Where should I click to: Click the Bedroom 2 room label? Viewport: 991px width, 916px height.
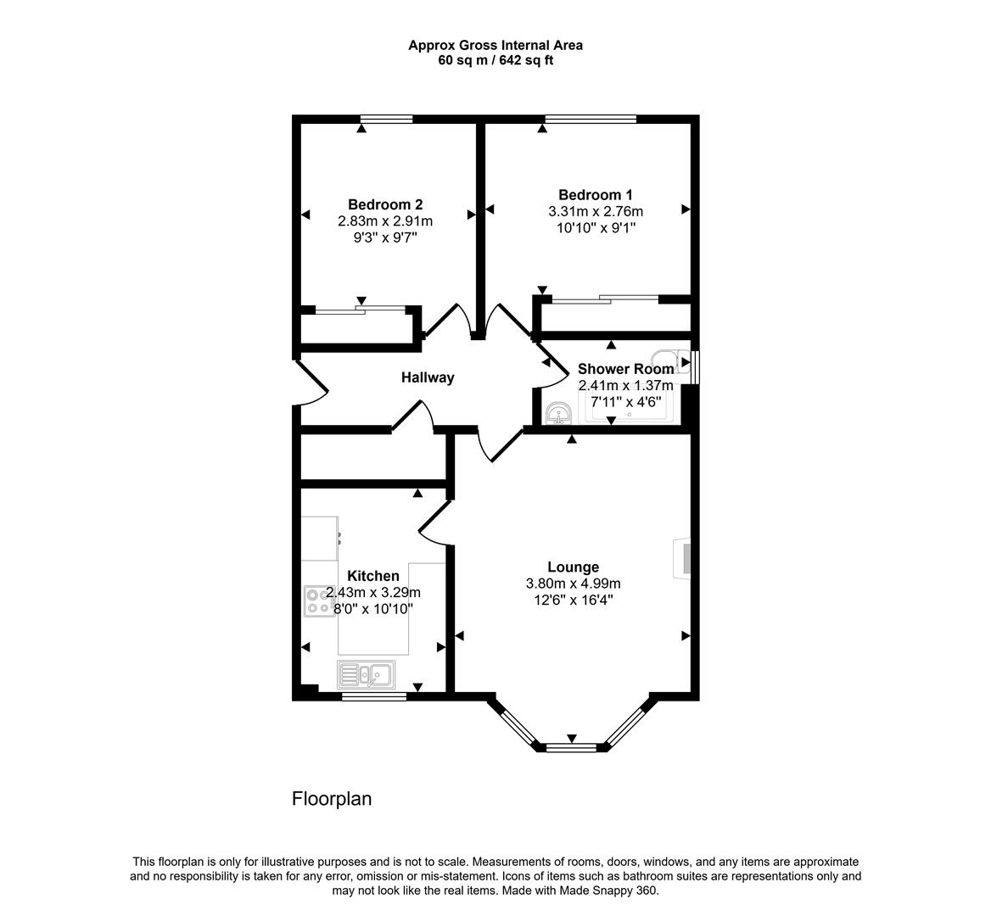click(385, 204)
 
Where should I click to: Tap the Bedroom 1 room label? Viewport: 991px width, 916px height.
click(596, 194)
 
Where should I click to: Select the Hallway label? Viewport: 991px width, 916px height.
click(428, 377)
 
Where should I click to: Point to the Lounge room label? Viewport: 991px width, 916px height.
click(574, 567)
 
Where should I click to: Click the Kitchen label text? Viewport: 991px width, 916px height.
click(373, 576)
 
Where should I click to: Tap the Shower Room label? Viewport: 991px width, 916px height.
click(625, 369)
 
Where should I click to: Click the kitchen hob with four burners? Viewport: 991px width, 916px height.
click(320, 601)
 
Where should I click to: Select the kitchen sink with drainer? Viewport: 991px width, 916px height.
click(367, 674)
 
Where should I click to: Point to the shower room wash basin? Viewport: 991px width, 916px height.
click(558, 414)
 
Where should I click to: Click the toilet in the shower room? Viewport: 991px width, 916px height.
click(671, 361)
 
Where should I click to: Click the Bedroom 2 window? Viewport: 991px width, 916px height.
click(387, 119)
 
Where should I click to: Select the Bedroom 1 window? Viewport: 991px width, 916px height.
click(591, 119)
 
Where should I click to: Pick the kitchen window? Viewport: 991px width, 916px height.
click(374, 696)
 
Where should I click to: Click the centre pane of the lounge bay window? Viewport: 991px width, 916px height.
click(571, 748)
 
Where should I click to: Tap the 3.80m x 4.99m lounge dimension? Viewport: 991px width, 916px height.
click(574, 583)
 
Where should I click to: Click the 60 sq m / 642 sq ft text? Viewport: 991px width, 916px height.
click(495, 61)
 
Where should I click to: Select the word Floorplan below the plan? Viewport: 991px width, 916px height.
click(332, 799)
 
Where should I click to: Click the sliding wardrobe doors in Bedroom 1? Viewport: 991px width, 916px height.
click(605, 299)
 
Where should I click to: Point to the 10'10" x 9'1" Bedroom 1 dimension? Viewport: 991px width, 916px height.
click(596, 227)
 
